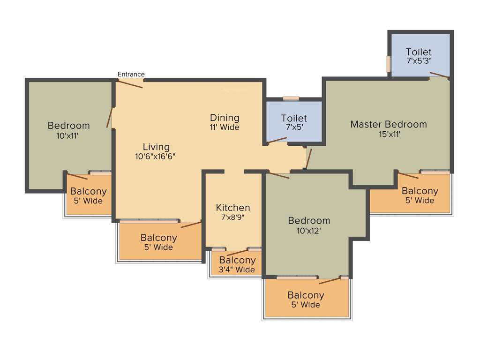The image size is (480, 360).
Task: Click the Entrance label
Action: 131,74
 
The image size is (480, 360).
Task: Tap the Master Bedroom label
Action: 389,124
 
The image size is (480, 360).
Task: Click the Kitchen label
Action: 232,207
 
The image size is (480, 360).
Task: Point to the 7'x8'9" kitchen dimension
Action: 232,217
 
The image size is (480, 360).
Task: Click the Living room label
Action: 156,147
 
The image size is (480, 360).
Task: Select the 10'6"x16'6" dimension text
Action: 156,157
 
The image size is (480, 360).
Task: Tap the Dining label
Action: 225,118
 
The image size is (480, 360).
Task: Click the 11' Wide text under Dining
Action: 225,127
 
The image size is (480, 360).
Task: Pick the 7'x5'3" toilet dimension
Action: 419,61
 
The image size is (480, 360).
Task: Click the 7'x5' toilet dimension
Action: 294,127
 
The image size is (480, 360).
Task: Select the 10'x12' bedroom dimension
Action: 309,230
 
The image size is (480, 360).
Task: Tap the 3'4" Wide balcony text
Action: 237,270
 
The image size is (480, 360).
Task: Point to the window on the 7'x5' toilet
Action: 291,98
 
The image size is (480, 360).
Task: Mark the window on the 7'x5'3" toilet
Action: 389,64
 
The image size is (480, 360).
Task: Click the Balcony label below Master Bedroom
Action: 420,191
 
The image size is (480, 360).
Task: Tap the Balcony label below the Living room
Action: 158,238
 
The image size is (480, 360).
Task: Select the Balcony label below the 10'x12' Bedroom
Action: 306,295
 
